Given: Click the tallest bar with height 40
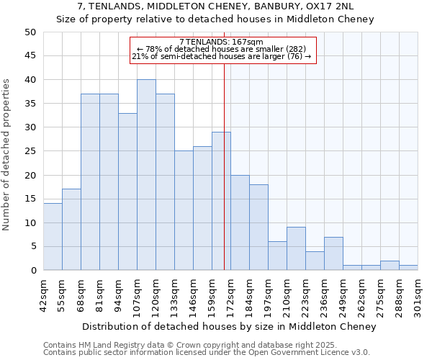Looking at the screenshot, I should pos(146,175).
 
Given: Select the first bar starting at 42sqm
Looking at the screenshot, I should pos(53,237).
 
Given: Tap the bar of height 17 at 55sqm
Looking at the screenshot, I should pos(71,230).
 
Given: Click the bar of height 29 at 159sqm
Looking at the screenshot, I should pos(221,201).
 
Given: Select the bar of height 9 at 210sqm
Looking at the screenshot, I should pos(296,248).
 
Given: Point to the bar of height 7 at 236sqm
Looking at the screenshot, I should pos(333,253).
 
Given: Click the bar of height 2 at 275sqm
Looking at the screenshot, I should pos(390,266).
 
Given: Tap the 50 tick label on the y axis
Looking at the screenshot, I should pos(30,32).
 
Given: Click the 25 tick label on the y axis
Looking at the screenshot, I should pos(30,151).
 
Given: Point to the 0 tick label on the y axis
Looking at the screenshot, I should pos(33,271).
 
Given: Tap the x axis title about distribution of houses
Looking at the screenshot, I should pos(229,327).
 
